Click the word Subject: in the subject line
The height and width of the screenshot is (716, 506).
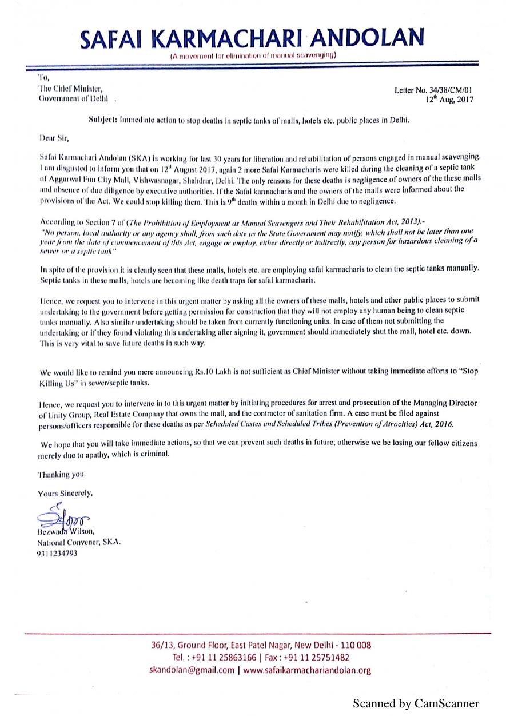tap(103, 121)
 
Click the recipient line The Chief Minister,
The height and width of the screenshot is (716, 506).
tap(70, 88)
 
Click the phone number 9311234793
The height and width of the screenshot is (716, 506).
tap(57, 553)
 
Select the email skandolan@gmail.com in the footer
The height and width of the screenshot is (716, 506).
tap(192, 670)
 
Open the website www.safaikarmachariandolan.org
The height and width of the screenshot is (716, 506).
tap(307, 670)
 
